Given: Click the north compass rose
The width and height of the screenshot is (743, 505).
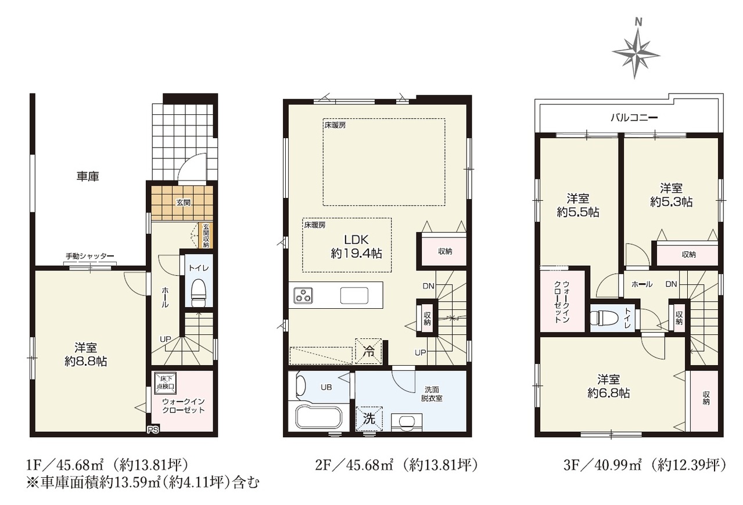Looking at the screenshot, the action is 636,54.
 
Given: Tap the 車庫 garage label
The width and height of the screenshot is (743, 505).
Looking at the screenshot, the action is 88,176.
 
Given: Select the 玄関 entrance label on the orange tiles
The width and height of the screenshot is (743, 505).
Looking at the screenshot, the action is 183,203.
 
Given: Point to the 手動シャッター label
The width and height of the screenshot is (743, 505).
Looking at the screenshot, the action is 89,256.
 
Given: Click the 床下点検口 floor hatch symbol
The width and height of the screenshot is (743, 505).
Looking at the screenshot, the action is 165,383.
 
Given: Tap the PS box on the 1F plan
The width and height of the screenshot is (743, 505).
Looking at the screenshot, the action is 153,430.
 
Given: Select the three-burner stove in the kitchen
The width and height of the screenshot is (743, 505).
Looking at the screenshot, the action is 303,295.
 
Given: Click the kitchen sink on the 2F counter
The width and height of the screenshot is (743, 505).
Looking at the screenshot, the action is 354,295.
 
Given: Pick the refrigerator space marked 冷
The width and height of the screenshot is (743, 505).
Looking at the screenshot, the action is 368,351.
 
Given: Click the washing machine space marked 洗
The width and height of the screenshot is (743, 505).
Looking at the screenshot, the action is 369,419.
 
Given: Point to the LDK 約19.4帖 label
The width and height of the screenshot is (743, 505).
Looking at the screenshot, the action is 356,246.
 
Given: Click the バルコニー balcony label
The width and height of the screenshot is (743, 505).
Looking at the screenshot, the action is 634,118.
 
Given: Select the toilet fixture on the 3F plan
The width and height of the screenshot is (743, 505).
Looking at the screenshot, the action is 604,317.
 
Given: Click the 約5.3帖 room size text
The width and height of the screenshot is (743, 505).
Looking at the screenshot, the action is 671,202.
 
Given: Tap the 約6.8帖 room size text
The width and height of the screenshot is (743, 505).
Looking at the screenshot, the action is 609,393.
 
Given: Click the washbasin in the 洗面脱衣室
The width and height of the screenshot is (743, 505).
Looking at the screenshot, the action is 406,422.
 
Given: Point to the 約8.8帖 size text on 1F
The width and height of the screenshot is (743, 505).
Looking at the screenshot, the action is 85,362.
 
